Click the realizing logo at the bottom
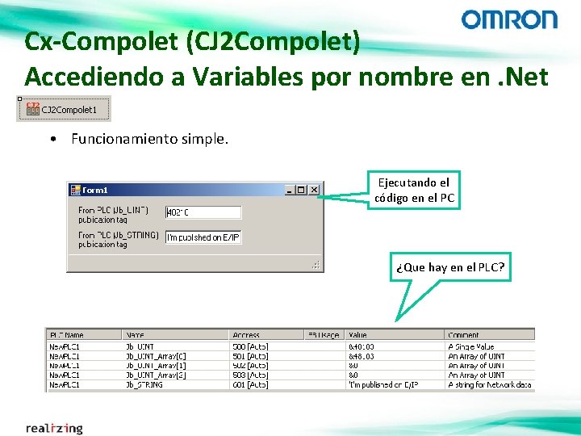point(54,427)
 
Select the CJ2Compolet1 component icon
point(33,109)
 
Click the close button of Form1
point(314,190)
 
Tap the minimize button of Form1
point(289,190)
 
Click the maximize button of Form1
point(301,190)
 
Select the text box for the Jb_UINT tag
point(203,212)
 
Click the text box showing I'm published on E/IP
point(203,237)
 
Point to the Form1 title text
point(95,190)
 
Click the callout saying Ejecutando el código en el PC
point(414,191)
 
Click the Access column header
point(246,334)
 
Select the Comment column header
point(463,334)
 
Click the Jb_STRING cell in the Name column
point(144,385)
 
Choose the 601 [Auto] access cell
point(249,385)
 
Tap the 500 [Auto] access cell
point(249,346)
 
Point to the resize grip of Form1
point(317,265)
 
